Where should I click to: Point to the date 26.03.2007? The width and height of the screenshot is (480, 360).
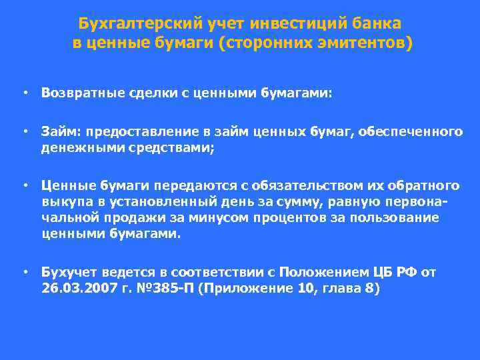(x=75, y=289)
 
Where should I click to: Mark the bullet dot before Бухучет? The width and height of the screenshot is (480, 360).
(x=24, y=272)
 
